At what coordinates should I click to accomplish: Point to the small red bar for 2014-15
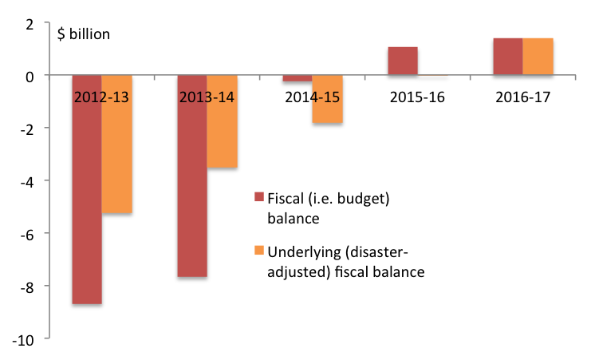tap(298, 78)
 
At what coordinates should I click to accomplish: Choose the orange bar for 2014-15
tap(327, 99)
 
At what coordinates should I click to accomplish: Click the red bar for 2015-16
tap(403, 61)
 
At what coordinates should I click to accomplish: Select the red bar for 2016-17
tap(508, 57)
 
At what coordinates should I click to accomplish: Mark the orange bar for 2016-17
tap(538, 57)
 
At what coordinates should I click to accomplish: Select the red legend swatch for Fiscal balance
tap(258, 196)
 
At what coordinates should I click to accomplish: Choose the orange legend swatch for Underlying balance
tap(258, 252)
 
